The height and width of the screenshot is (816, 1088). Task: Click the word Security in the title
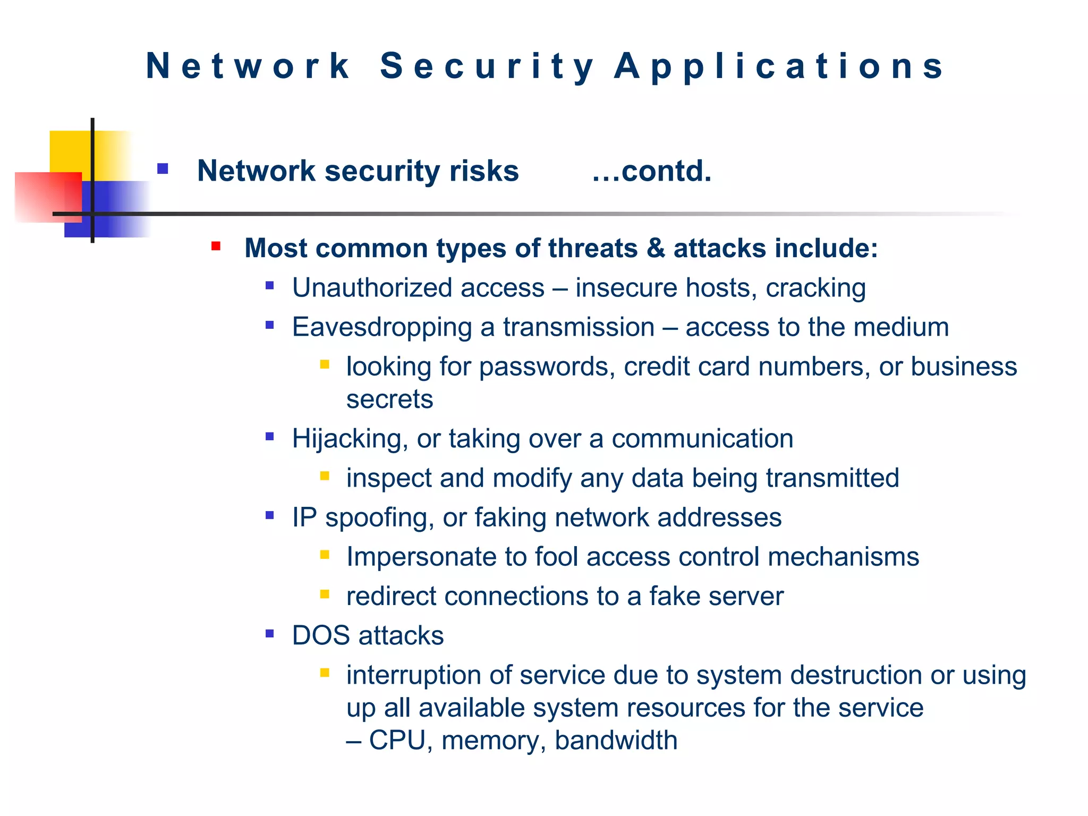[x=487, y=66]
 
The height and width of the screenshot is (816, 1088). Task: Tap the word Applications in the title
[x=779, y=66]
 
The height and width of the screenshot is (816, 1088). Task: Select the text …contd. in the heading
[x=652, y=171]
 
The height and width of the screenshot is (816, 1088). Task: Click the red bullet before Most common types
[x=216, y=246]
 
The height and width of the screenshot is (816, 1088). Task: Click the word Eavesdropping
[x=381, y=327]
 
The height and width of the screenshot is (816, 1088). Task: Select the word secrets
[x=389, y=399]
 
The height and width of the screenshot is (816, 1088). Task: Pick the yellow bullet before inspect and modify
[x=325, y=475]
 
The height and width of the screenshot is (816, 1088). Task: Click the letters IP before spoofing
[x=304, y=517]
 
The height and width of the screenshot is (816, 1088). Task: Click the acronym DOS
[x=321, y=635]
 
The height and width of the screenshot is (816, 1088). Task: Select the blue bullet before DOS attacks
[x=270, y=633]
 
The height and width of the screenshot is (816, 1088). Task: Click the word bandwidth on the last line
[x=616, y=741]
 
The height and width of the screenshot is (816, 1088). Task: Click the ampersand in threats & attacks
[x=656, y=249]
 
